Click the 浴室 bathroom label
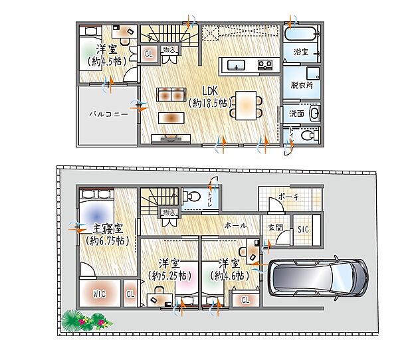pyautogui.click(x=301, y=51)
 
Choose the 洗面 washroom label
pyautogui.click(x=296, y=114)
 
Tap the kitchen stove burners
pyautogui.click(x=264, y=64)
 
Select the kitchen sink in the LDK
pyautogui.click(x=237, y=64)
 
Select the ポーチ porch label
pyautogui.click(x=289, y=197)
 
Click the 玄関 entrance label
pyautogui.click(x=274, y=227)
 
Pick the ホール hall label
pyautogui.click(x=237, y=225)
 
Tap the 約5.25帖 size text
pyautogui.click(x=170, y=275)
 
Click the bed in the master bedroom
pyautogui.click(x=97, y=210)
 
